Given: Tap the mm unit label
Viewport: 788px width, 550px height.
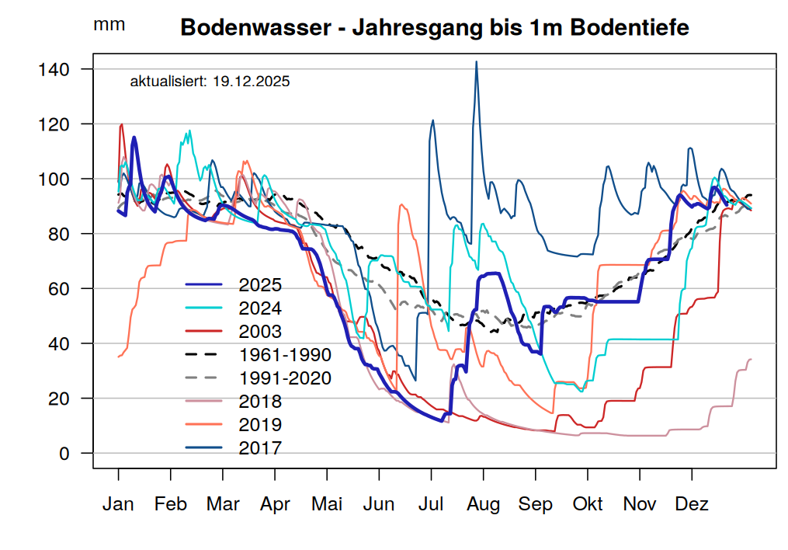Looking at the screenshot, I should pos(109,24).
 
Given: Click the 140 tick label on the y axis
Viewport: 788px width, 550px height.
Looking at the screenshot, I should pos(54,70).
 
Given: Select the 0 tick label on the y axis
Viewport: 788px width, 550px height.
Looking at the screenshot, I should pos(64,454).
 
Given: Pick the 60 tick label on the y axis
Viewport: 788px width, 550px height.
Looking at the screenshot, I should pos(59,289).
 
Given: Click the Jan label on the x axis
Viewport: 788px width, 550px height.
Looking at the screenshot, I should pos(118,504).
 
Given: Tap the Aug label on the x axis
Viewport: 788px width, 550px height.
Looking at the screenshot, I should pos(483,504).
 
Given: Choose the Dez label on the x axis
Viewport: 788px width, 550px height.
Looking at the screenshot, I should pos(692,504).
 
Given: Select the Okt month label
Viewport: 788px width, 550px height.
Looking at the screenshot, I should pos(588,504).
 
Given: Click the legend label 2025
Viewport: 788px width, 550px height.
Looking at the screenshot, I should pos(260,285).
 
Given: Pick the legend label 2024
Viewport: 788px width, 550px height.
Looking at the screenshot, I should pos(260,308).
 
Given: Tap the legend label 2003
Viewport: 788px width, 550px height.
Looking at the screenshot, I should pos(260,332).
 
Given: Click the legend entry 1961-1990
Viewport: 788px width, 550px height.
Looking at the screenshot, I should pos(285,355).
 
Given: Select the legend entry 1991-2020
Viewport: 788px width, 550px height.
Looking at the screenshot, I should pos(285,378).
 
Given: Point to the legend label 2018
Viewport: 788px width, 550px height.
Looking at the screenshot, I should pos(260,402).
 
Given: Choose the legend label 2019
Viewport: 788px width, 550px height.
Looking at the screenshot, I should pos(260,425).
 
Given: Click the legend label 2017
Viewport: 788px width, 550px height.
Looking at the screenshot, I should pos(260,448).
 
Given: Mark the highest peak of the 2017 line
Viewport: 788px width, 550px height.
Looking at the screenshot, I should pos(476,61).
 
